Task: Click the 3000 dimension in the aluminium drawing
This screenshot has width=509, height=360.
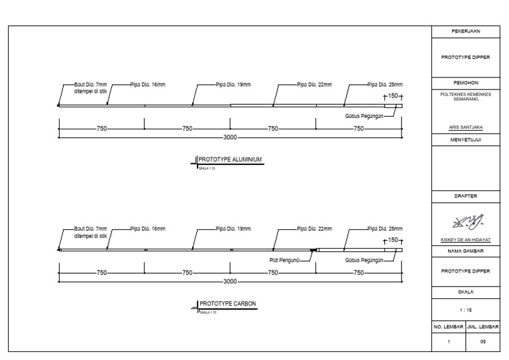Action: [230, 137]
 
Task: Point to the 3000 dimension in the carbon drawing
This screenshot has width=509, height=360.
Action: [230, 281]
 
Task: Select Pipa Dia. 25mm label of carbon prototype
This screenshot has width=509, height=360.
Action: [385, 229]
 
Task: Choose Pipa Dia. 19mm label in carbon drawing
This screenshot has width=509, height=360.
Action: [233, 229]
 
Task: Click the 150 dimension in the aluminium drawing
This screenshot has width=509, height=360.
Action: [394, 96]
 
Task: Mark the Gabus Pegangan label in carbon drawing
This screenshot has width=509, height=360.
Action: [365, 261]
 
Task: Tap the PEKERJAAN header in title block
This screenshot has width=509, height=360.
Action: [465, 31]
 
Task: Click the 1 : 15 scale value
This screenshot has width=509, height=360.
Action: [465, 309]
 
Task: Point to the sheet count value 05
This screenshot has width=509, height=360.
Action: [482, 341]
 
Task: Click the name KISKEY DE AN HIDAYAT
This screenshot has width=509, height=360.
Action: [465, 240]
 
